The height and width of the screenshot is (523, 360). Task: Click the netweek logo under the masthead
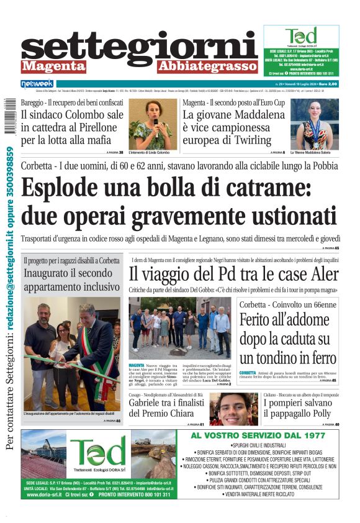click(x=37, y=83)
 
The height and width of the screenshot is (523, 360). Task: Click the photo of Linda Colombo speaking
click(x=150, y=124)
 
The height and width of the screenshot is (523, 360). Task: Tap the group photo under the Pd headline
click(x=179, y=328)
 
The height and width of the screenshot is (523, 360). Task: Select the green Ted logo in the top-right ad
click(x=300, y=35)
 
